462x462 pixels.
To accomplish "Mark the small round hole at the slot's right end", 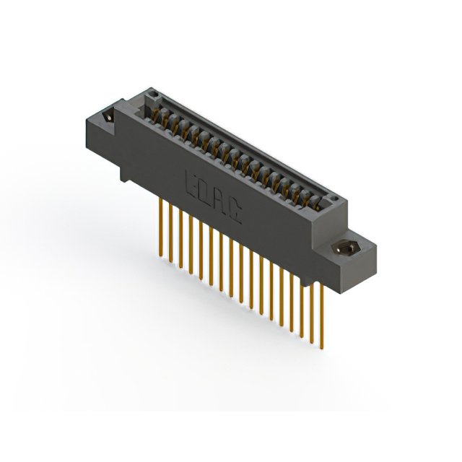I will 332,199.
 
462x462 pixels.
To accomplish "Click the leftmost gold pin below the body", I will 160,224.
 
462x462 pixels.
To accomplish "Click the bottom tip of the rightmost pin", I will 322,342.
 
